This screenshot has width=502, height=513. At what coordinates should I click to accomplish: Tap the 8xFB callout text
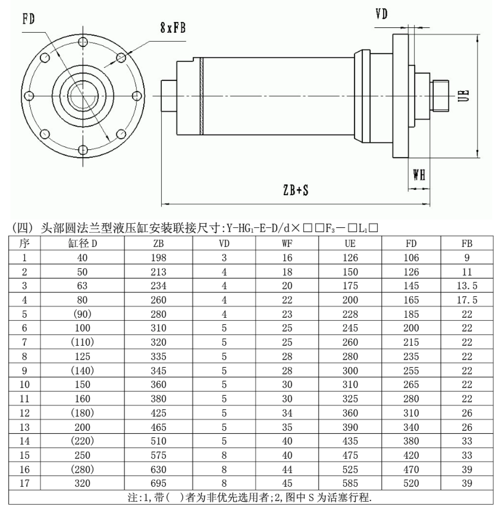point(173,28)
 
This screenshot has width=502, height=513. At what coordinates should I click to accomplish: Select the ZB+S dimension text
point(296,190)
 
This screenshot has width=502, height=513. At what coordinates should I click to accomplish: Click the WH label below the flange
point(419,175)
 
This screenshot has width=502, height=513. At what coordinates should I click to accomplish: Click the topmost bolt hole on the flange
point(83,42)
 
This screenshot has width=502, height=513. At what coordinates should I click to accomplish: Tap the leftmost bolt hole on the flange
point(29,96)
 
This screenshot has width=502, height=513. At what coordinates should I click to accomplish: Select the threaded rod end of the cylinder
point(439,95)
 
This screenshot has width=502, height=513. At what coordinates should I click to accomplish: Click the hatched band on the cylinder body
point(202,96)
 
